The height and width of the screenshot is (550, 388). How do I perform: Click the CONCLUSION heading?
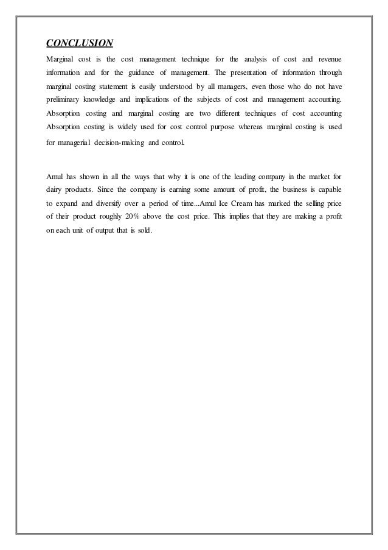pos(80,43)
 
